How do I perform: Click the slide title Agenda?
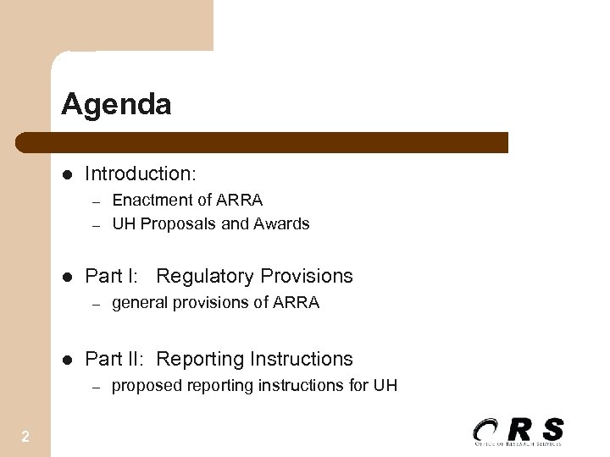pyautogui.click(x=116, y=105)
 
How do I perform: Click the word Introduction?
pyautogui.click(x=139, y=174)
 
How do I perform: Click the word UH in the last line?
pyautogui.click(x=385, y=387)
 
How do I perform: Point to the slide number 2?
pyautogui.click(x=25, y=437)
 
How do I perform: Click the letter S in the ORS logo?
pyautogui.click(x=552, y=429)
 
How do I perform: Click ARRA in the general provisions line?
pyautogui.click(x=297, y=303)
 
